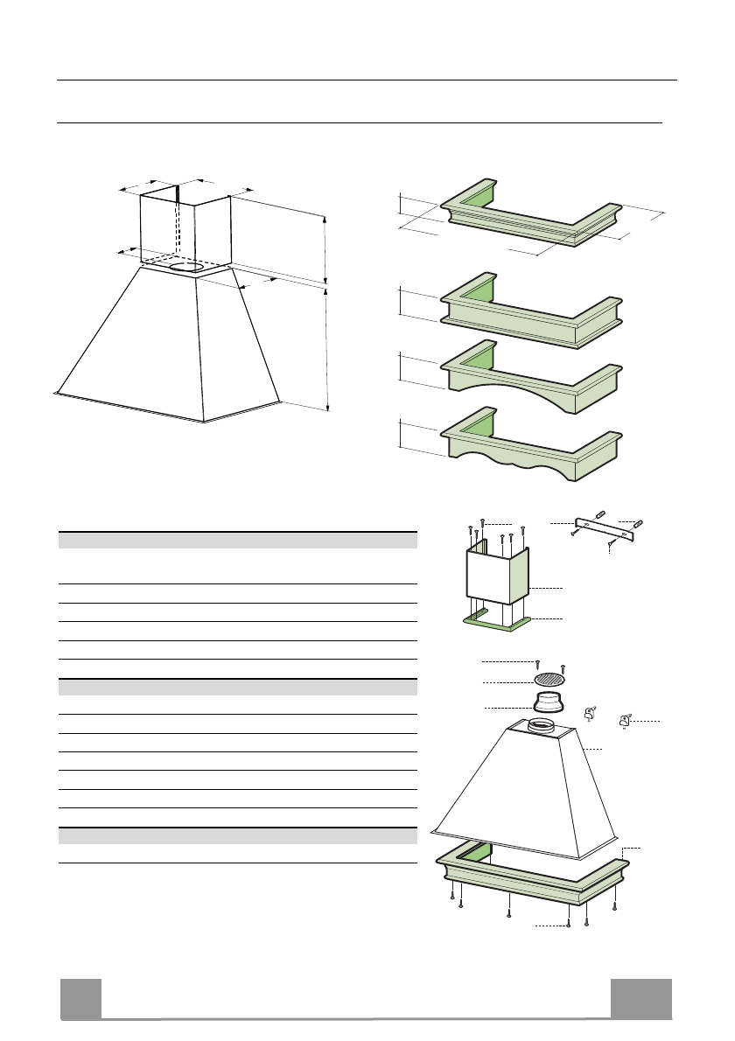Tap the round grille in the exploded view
(549, 680)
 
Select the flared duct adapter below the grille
(549, 702)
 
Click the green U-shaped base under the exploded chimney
(496, 622)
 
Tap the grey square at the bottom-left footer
(80, 998)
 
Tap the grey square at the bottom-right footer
(641, 998)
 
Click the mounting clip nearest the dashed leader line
(625, 721)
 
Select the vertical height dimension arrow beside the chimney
(325, 249)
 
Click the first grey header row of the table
(236, 539)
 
